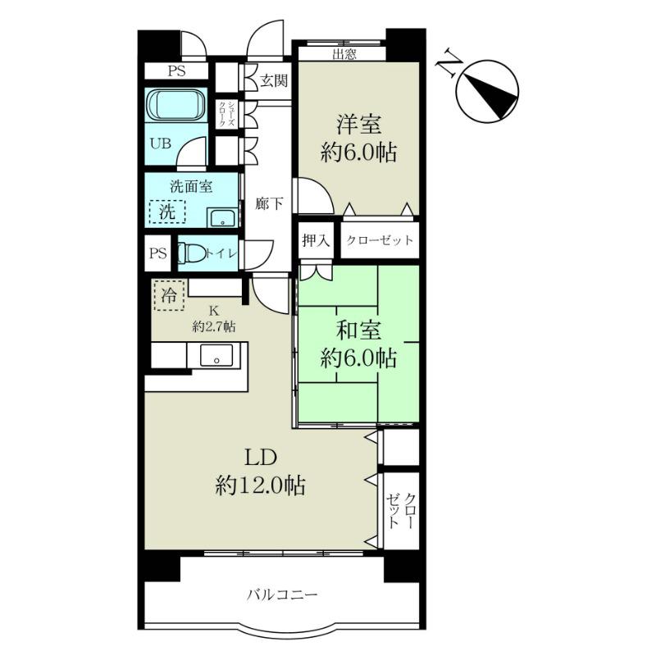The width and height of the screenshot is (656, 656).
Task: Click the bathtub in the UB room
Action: point(176,105)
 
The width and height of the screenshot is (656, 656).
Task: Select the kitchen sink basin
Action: point(216,355)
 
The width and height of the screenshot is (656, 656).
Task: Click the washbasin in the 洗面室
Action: point(223,217)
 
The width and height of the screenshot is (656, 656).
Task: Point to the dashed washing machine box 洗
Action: point(167,212)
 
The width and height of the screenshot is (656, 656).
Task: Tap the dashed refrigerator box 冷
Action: point(169,295)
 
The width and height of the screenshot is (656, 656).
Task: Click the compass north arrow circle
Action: point(488,91)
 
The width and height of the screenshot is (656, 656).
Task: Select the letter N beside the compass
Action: point(449,63)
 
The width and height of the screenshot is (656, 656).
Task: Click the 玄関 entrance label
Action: point(274,80)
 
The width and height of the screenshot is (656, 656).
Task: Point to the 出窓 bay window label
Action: point(344,54)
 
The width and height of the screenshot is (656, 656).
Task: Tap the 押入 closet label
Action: point(316,240)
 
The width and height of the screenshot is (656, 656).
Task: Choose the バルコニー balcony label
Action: point(282,594)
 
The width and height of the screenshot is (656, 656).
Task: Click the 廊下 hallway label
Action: point(269,203)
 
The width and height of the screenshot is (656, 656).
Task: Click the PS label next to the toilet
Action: point(158,253)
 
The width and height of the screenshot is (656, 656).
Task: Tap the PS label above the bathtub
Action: point(176,71)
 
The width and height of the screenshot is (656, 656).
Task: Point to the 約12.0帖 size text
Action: point(260,485)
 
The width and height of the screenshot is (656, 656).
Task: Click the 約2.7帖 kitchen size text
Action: point(214,326)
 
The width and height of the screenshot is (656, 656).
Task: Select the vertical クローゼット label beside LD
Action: point(402,510)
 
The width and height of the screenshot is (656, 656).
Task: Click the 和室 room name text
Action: point(358,330)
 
